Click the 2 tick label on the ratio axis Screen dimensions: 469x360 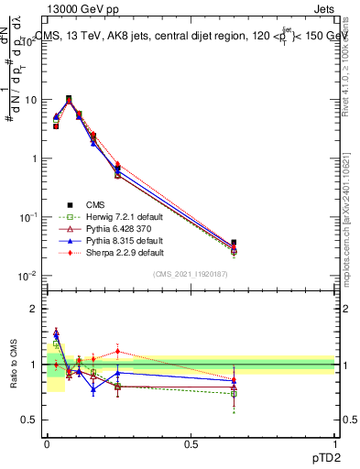pyautogui.click(x=35, y=310)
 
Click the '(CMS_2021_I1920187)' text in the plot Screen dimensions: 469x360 pyautogui.click(x=191, y=275)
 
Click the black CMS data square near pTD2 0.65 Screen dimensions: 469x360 pyautogui.click(x=234, y=243)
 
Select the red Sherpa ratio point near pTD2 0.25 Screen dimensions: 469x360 pyautogui.click(x=117, y=351)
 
